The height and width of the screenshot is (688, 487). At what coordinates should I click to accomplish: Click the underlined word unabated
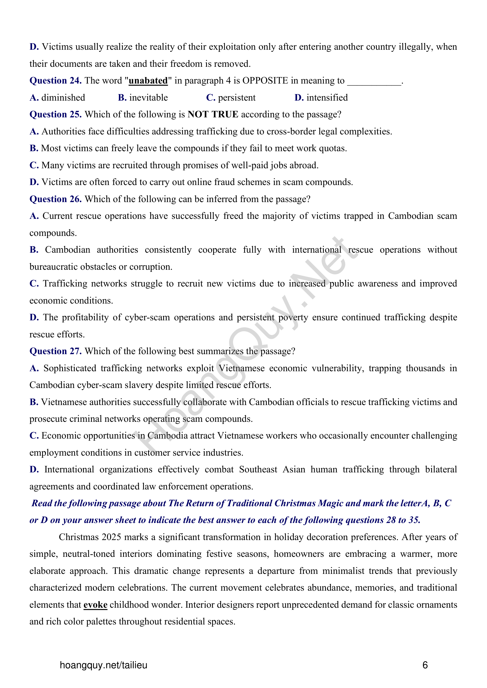pyautogui.click(x=148, y=81)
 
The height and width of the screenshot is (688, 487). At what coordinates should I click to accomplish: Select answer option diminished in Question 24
pyautogui.click(x=63, y=98)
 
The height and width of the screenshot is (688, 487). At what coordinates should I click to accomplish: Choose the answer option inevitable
pyautogui.click(x=148, y=98)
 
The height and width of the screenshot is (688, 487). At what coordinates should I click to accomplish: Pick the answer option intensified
pyautogui.click(x=327, y=98)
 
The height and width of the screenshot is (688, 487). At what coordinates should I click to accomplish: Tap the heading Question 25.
pyautogui.click(x=55, y=114)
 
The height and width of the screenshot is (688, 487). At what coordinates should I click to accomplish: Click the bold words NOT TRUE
pyautogui.click(x=213, y=114)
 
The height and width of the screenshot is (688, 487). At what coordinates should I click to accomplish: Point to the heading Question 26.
pyautogui.click(x=55, y=199)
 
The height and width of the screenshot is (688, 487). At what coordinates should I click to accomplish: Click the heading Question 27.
pyautogui.click(x=55, y=351)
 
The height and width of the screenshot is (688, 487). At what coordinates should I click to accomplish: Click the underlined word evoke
pyautogui.click(x=95, y=605)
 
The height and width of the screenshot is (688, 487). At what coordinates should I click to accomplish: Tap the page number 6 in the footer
pyautogui.click(x=425, y=665)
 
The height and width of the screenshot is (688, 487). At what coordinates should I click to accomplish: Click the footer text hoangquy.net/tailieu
pyautogui.click(x=103, y=665)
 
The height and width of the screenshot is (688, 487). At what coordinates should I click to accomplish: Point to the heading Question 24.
pyautogui.click(x=55, y=81)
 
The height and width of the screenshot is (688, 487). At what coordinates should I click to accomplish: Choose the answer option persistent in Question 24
pyautogui.click(x=237, y=98)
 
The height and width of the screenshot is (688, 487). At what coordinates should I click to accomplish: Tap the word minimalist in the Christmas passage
pyautogui.click(x=343, y=571)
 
